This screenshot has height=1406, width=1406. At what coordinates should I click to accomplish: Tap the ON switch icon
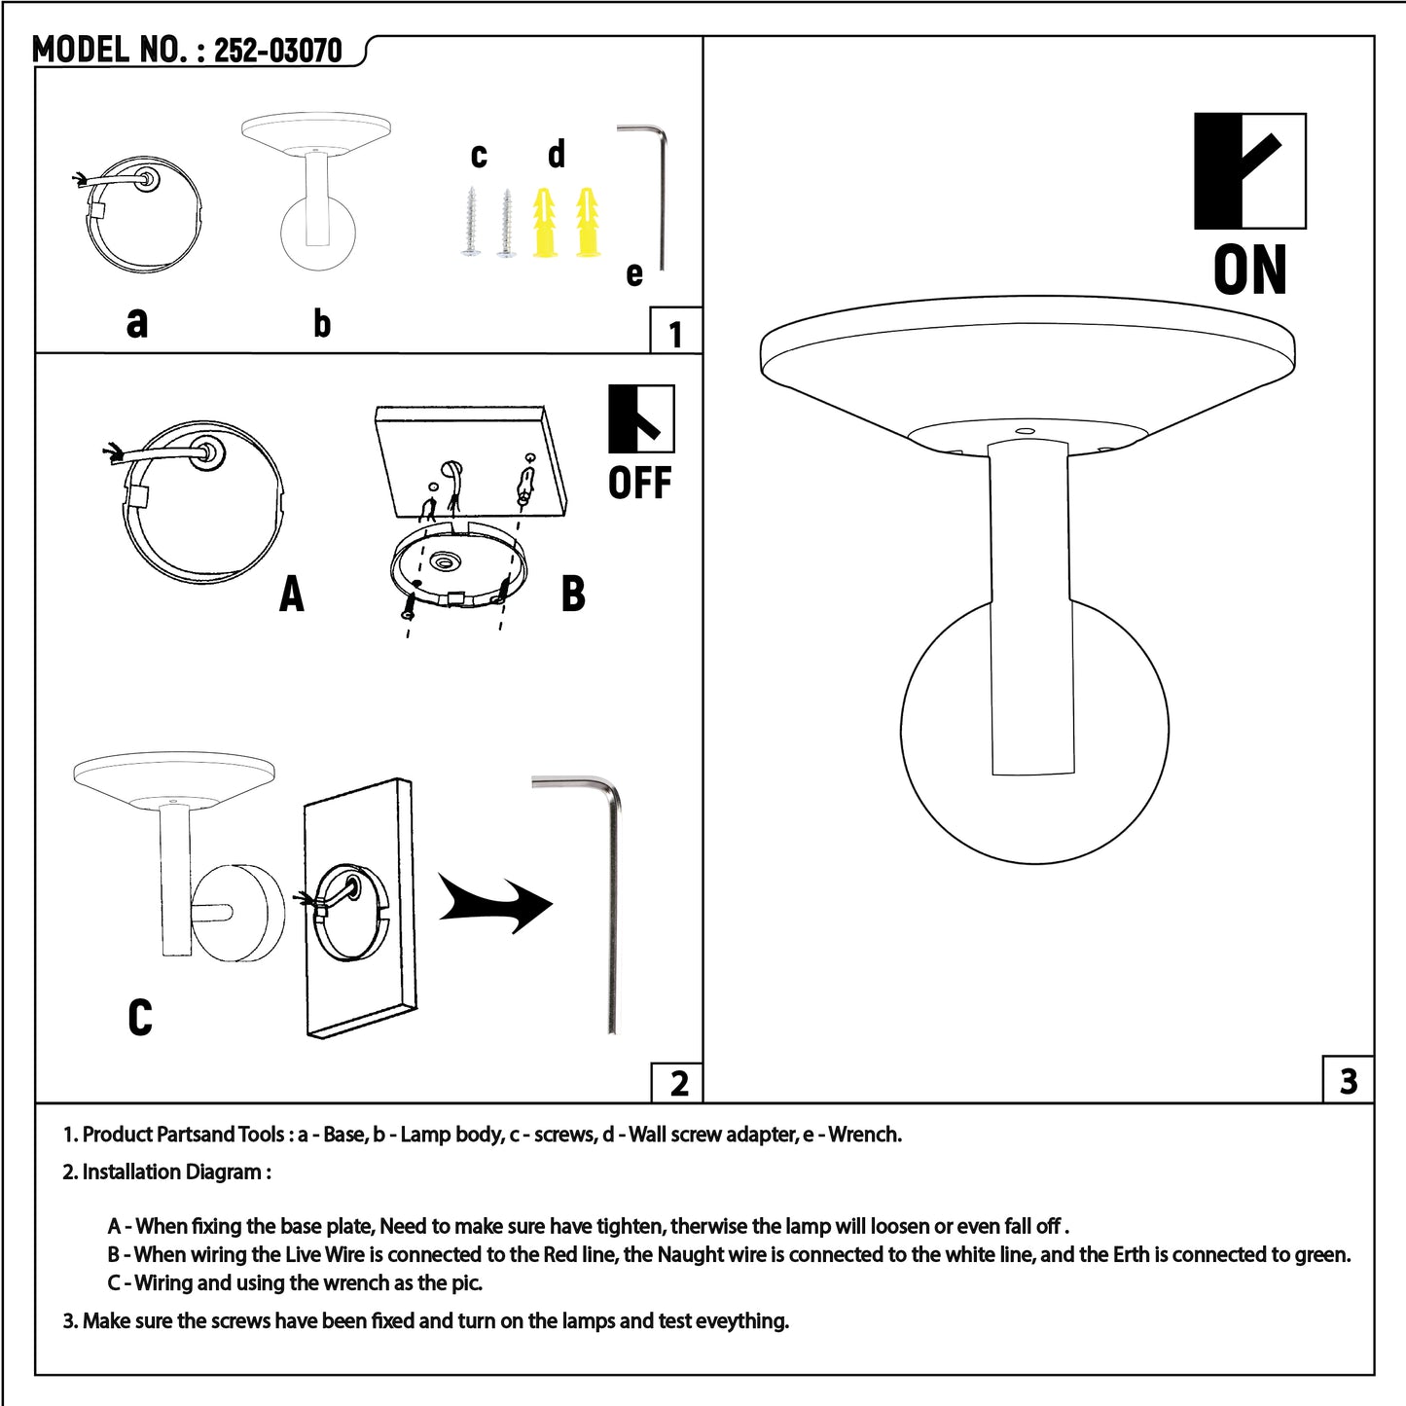pyautogui.click(x=1249, y=171)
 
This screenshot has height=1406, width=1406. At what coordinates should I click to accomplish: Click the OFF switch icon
pyautogui.click(x=641, y=419)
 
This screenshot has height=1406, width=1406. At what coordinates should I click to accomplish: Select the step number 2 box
pyautogui.click(x=678, y=1082)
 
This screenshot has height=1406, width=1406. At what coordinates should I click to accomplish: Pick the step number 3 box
pyautogui.click(x=1348, y=1080)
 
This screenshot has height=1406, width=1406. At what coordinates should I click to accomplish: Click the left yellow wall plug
pyautogui.click(x=546, y=223)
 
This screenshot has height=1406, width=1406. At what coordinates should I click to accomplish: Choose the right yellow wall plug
pyautogui.click(x=588, y=223)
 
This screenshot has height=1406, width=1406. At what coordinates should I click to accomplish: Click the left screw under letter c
pyautogui.click(x=472, y=223)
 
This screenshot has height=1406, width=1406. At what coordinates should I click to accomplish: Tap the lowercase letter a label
pyautogui.click(x=137, y=321)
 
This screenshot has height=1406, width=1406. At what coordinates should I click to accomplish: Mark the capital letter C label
pyautogui.click(x=140, y=1017)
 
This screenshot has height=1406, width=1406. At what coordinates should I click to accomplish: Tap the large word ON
pyautogui.click(x=1250, y=270)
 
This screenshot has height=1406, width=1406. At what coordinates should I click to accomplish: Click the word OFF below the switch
pyautogui.click(x=640, y=483)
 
